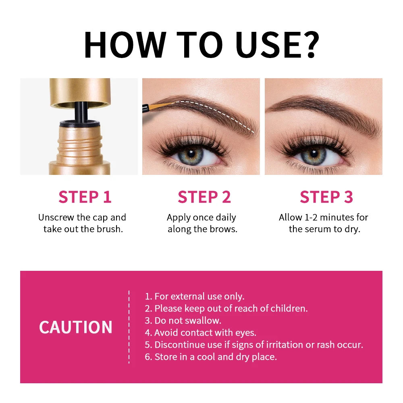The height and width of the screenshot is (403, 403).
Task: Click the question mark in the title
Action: coord(307,44)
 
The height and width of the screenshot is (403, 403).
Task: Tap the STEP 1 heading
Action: coord(85,197)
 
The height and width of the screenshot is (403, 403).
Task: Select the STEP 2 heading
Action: coord(204,197)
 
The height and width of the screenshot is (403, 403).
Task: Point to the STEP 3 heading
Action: coord(326,197)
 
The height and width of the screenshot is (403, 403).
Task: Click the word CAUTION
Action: coord(75,327)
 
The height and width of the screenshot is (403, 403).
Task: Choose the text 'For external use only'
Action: coord(199,297)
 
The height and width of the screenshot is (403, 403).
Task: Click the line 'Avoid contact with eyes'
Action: coord(205,333)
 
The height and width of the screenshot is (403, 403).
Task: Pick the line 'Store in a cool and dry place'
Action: coord(216,357)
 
